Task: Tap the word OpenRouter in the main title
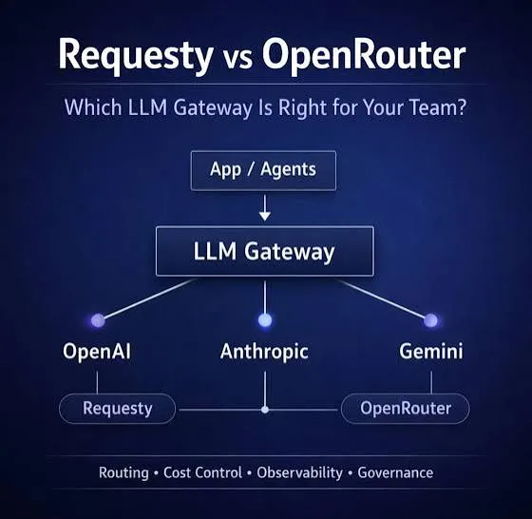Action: click(363, 55)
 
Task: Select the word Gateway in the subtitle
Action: click(213, 107)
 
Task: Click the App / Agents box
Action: click(263, 170)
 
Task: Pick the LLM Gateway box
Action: click(265, 251)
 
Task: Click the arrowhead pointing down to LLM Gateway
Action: click(265, 216)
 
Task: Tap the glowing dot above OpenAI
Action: click(98, 320)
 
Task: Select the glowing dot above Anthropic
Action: click(265, 320)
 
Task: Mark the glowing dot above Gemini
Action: click(431, 320)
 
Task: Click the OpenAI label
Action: click(97, 352)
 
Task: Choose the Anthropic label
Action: click(264, 352)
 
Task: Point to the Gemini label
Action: click(431, 352)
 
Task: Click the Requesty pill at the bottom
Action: click(118, 409)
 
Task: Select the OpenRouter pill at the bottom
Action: click(406, 409)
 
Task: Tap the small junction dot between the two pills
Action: click(265, 410)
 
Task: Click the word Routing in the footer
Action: click(123, 473)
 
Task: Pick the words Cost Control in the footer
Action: click(203, 472)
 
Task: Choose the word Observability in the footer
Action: click(299, 473)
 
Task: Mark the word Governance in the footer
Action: click(395, 472)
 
